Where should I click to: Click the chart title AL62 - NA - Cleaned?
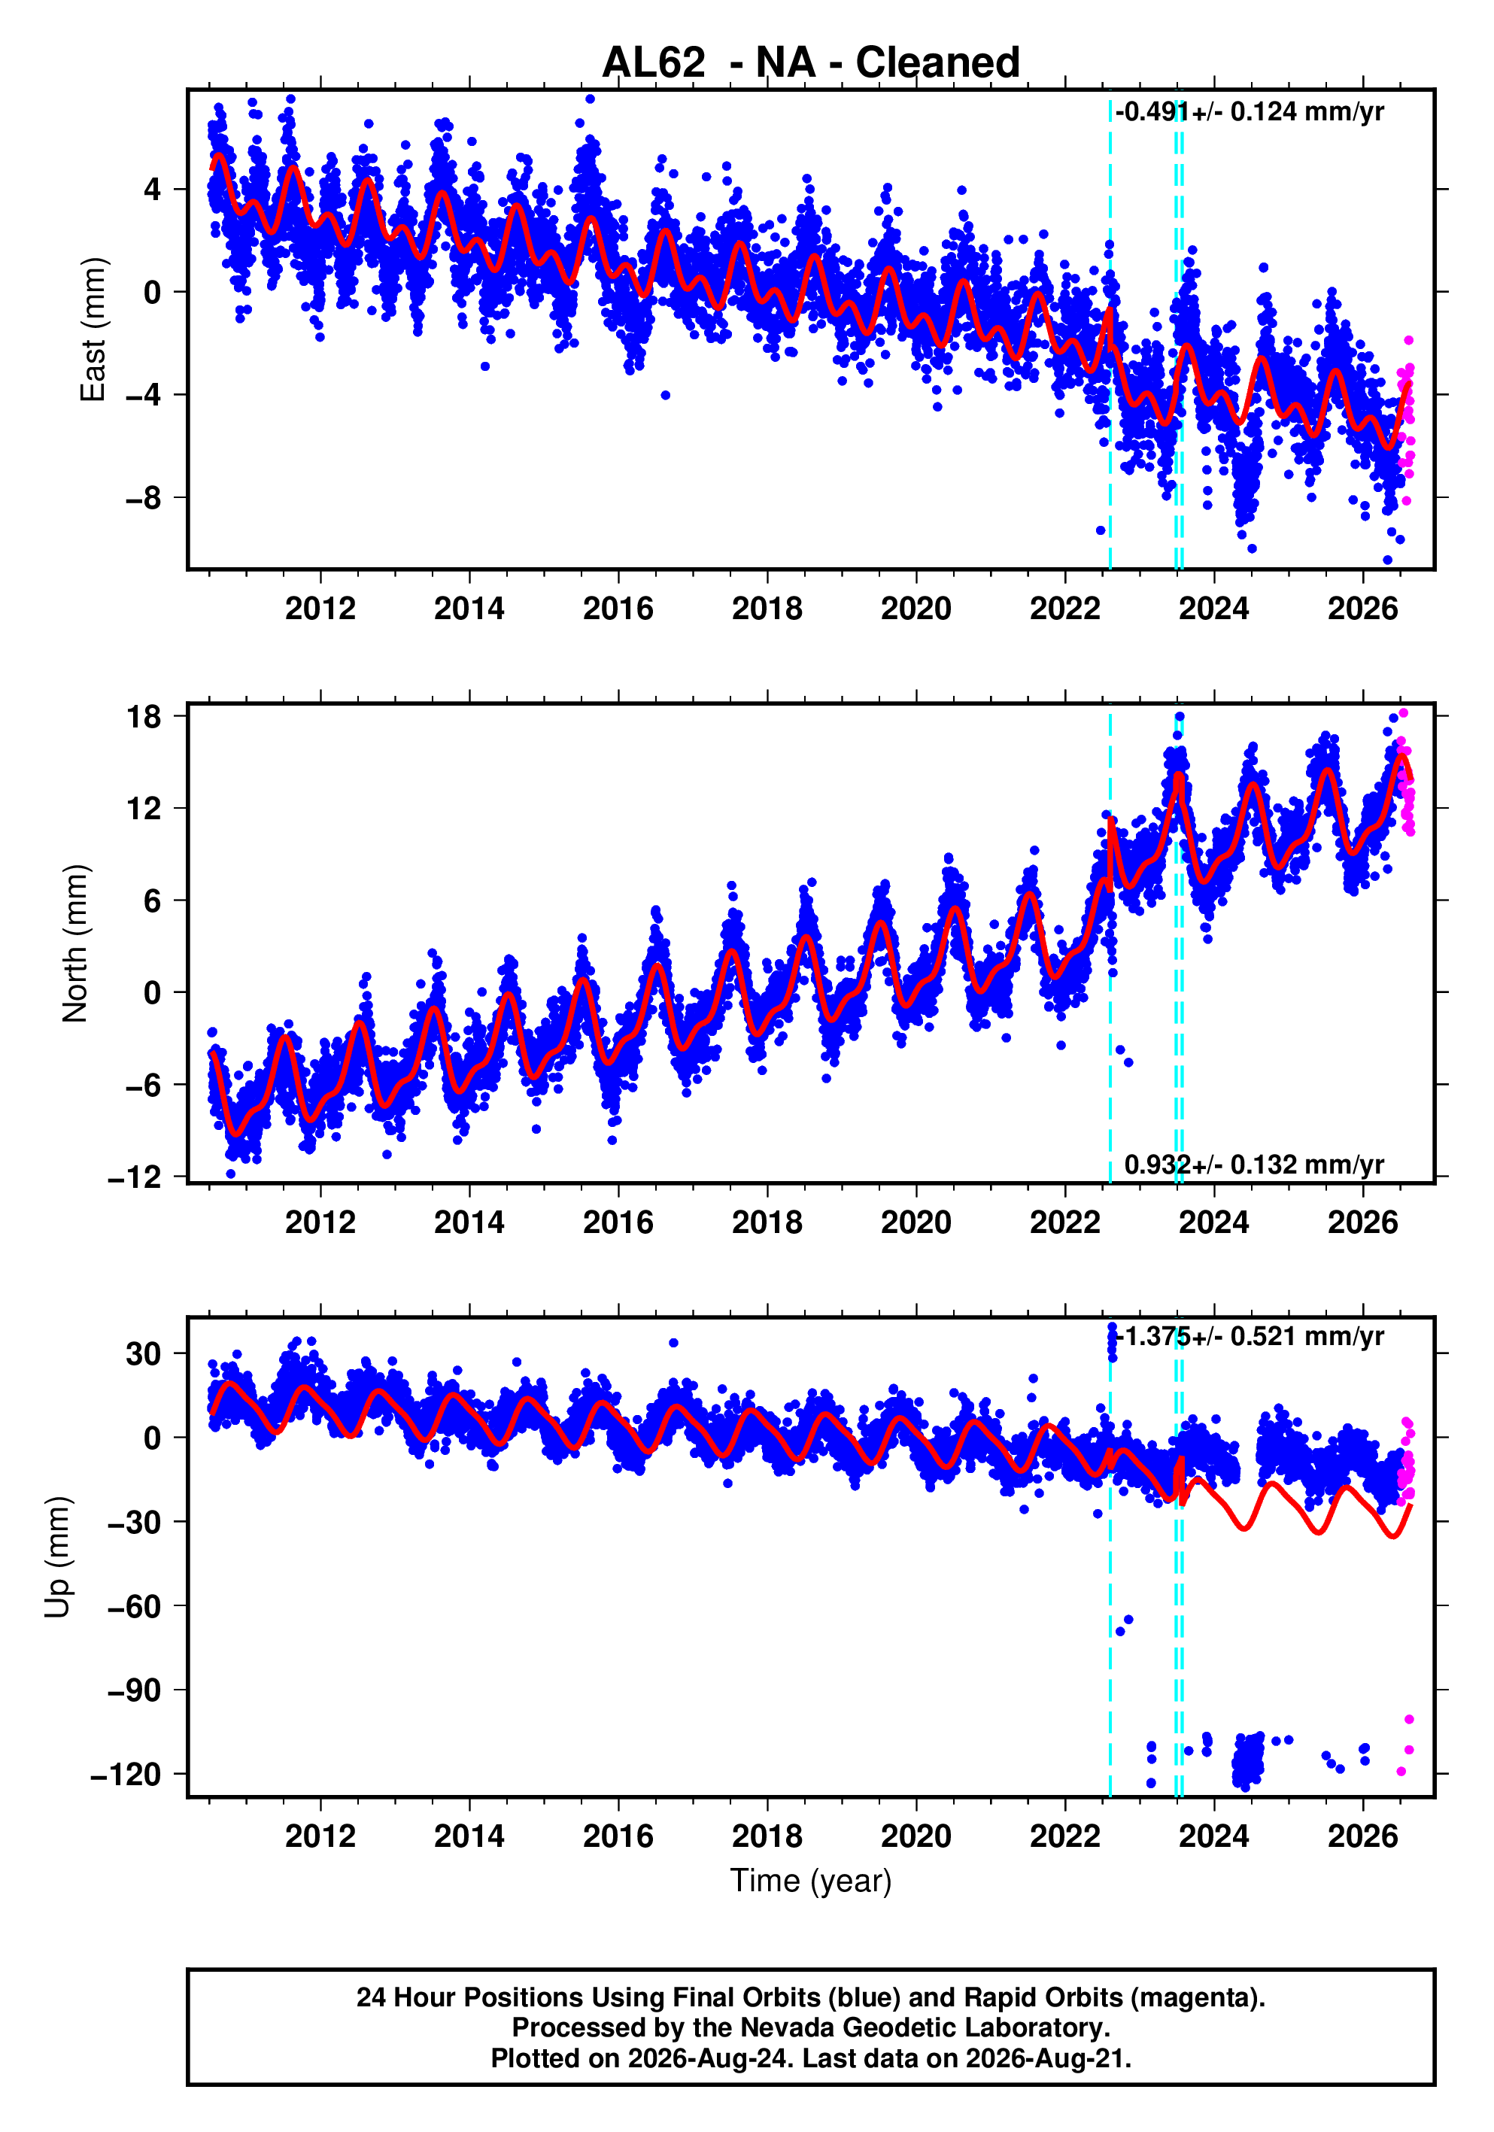click(811, 63)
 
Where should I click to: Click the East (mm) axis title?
click(93, 330)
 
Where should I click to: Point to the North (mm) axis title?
click(75, 943)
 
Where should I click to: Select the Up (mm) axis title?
click(58, 1556)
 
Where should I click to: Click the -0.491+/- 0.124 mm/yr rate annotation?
click(1250, 112)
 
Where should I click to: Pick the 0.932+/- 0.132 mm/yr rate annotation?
click(1253, 1165)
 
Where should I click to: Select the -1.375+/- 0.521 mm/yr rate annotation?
click(1250, 1336)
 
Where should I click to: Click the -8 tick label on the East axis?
click(143, 499)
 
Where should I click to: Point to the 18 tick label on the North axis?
click(144, 716)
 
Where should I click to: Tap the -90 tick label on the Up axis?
click(135, 1690)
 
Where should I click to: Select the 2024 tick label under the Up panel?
click(1213, 1836)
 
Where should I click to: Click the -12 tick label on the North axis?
click(135, 1177)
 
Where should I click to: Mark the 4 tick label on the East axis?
click(152, 190)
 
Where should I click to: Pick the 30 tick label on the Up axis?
click(144, 1354)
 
